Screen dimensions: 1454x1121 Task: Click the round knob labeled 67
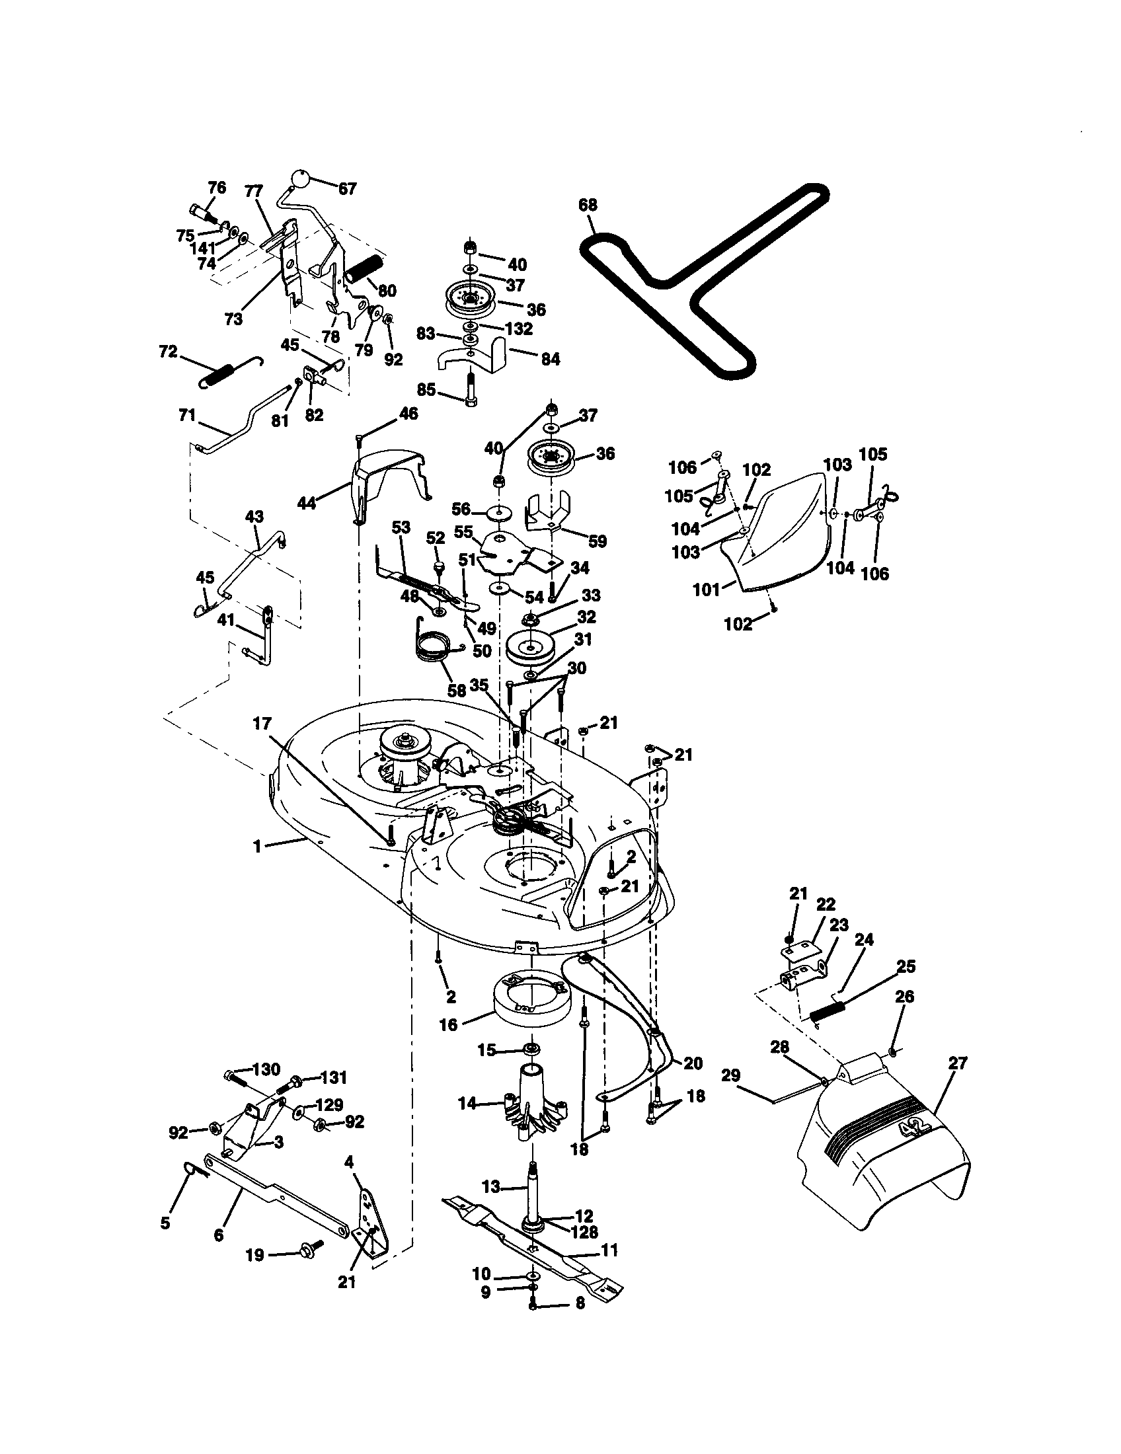(x=299, y=180)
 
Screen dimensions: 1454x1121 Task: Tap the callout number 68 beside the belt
(x=588, y=204)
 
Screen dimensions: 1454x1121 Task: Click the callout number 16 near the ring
(x=449, y=1024)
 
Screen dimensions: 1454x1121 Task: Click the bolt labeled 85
(x=471, y=391)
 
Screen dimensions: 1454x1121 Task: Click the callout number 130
(x=267, y=1069)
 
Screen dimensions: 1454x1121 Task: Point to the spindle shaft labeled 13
(x=533, y=1188)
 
